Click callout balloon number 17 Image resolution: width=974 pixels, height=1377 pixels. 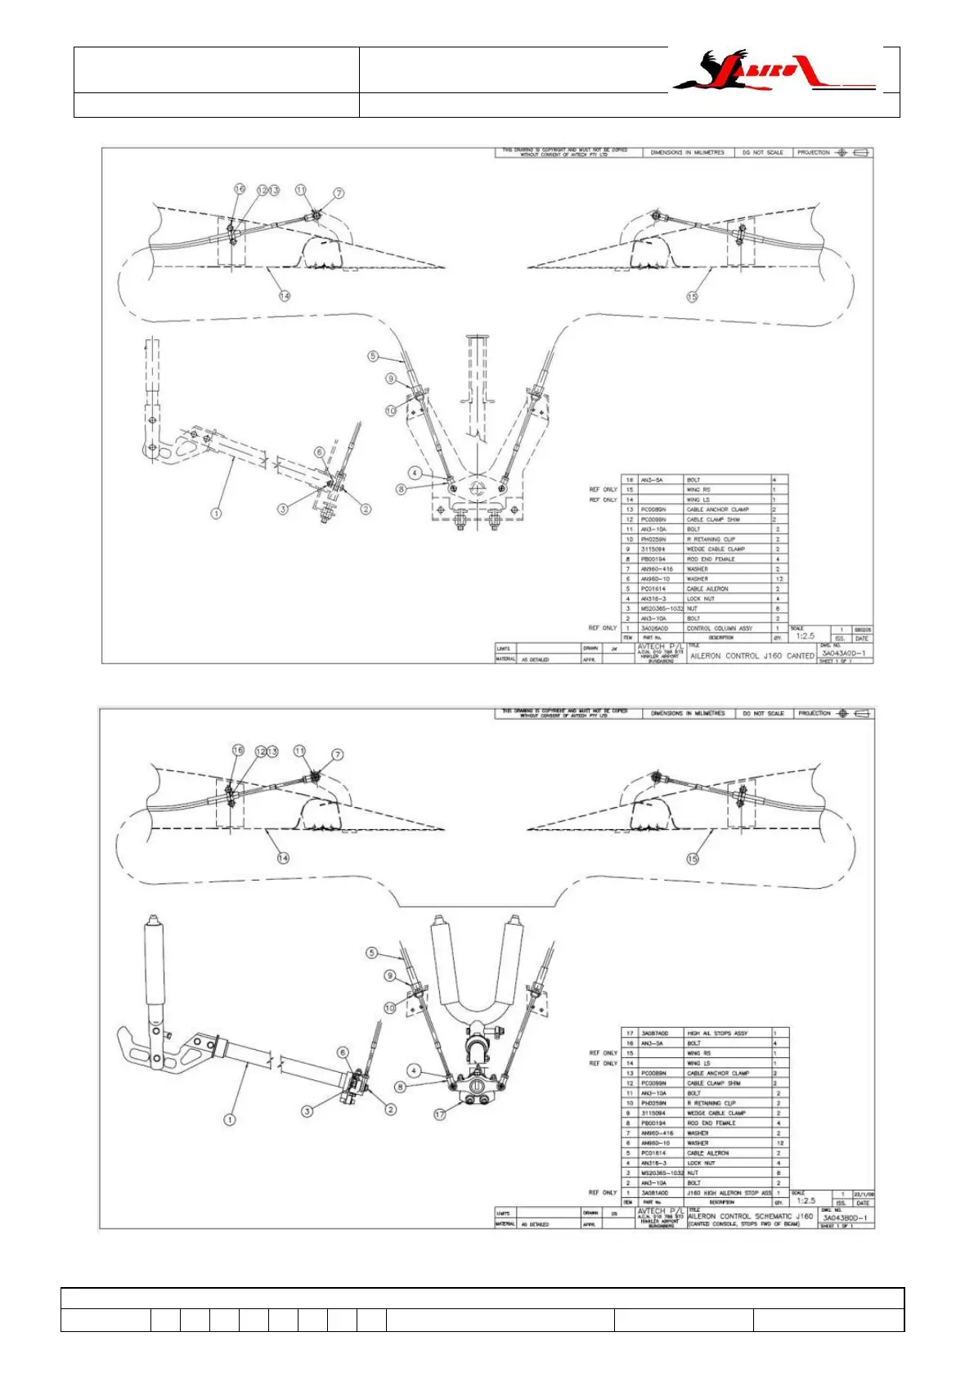click(x=440, y=1115)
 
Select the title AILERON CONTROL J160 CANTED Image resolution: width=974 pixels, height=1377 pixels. click(x=752, y=655)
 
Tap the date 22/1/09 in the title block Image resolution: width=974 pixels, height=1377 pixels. click(x=864, y=1194)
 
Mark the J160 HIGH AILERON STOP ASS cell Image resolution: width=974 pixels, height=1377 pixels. click(x=729, y=1193)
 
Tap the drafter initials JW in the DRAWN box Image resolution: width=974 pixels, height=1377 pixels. click(x=613, y=648)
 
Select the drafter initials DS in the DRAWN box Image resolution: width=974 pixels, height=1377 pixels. click(x=613, y=1213)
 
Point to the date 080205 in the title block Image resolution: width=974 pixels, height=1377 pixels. click(x=863, y=630)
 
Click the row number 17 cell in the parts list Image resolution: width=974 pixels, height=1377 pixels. click(x=630, y=1034)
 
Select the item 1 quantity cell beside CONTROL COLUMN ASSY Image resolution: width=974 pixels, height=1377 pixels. click(x=777, y=628)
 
